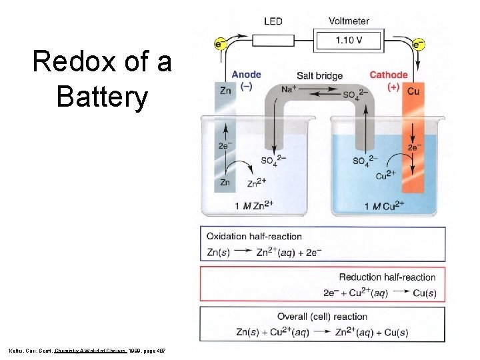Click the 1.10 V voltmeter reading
(349, 40)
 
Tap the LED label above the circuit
(273, 21)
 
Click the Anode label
(246, 74)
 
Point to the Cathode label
(388, 74)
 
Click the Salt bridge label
(319, 75)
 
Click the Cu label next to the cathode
(413, 91)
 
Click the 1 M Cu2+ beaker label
(385, 205)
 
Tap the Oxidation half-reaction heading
(254, 236)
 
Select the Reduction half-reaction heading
(387, 277)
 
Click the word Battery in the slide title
(101, 97)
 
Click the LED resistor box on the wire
(273, 41)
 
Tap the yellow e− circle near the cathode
(419, 45)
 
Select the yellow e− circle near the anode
(219, 44)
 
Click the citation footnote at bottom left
(89, 350)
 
